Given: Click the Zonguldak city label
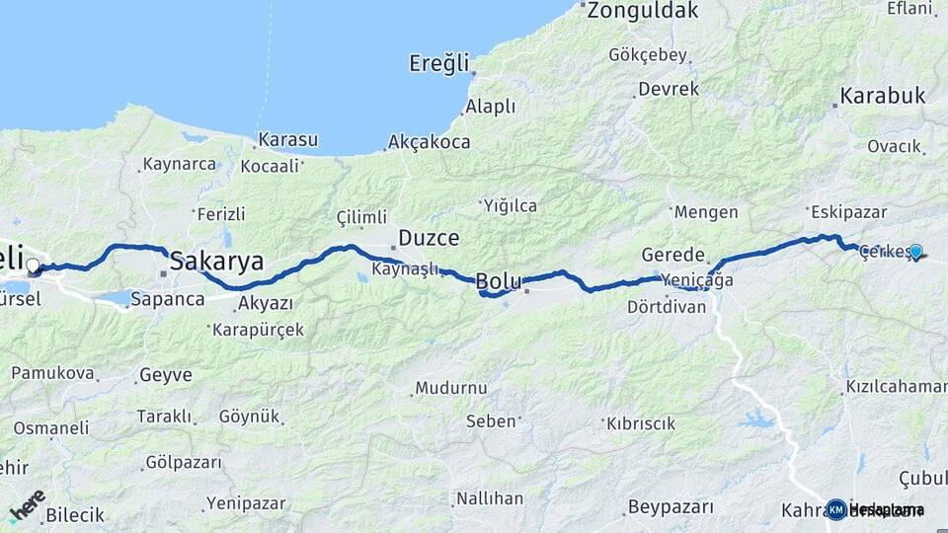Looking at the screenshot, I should point(644,12).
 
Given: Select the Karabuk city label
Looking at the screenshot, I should point(883,97).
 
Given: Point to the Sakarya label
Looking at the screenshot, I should point(217,262).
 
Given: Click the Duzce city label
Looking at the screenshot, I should point(430,238).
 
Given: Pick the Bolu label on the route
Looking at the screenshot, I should point(499,282).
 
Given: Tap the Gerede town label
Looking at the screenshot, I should point(673,254).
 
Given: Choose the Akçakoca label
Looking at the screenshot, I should point(430,142).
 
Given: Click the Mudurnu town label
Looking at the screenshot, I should point(451,388).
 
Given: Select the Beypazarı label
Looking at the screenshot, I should point(671,507).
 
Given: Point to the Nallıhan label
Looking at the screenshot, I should point(490,498).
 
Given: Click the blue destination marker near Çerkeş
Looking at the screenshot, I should point(916,252).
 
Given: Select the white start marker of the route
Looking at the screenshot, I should point(33,266).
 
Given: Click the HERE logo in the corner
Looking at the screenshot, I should point(28,504).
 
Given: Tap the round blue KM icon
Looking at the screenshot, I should point(836,509).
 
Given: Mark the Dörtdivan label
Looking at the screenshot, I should point(667,307).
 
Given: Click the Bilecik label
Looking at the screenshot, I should point(75,514).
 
